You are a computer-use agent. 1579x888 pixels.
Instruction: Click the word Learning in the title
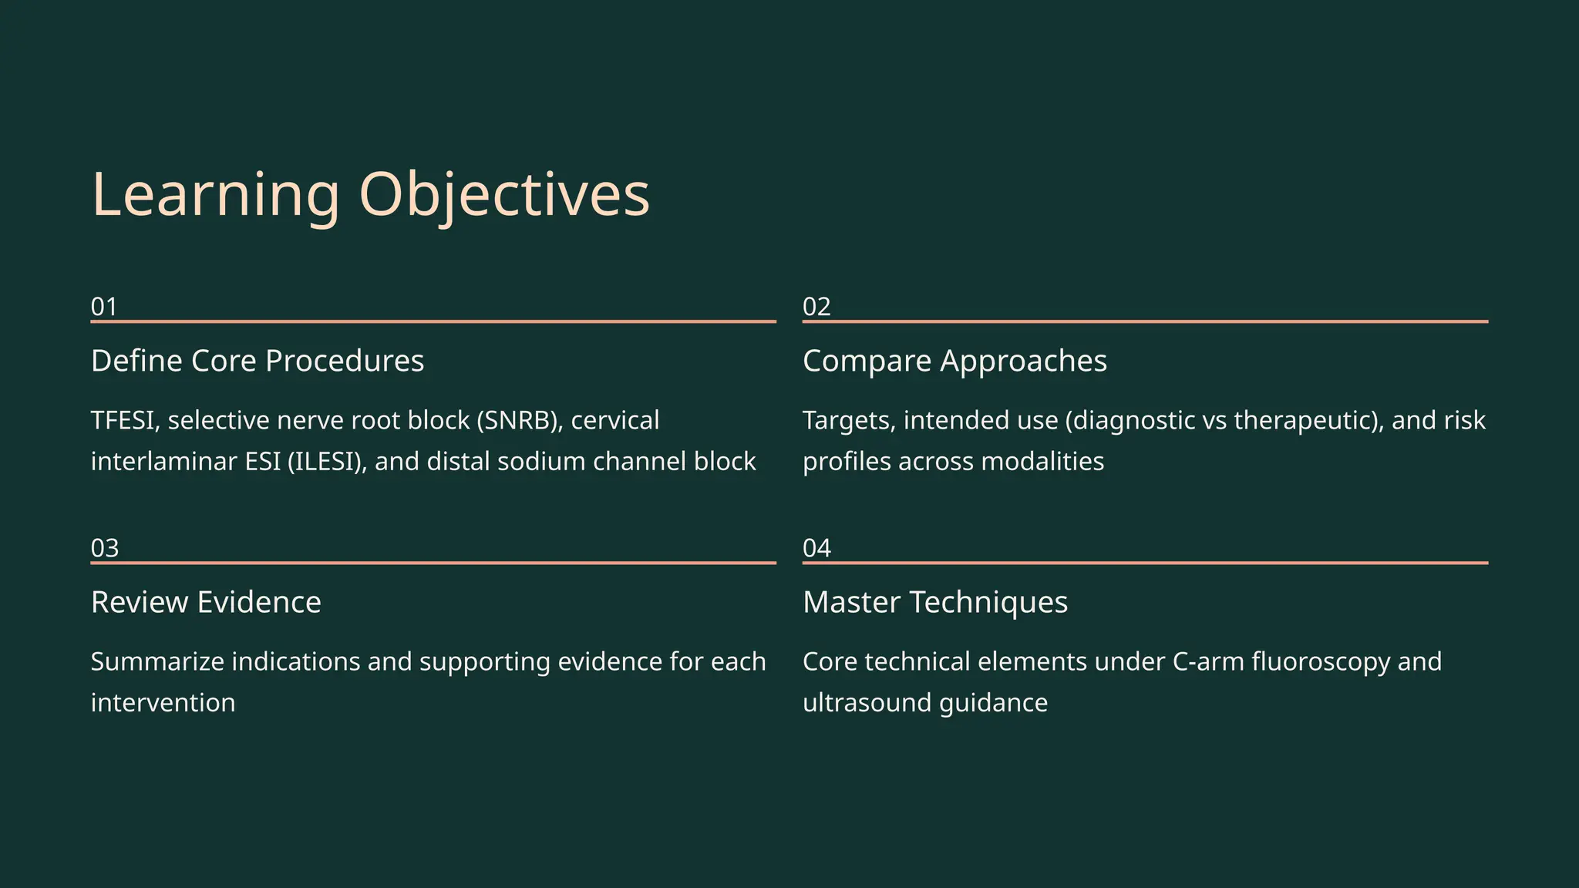tap(215, 195)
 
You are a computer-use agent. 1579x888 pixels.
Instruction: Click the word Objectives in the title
tap(504, 195)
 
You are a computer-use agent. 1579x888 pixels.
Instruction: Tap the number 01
tap(104, 307)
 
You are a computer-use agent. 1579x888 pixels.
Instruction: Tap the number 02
tap(816, 307)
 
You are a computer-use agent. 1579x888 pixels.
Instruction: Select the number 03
tap(105, 548)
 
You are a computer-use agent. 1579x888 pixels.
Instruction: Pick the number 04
tap(816, 548)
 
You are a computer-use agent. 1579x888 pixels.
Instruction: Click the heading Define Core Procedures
tap(258, 361)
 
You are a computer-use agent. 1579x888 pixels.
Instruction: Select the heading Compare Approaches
tap(954, 361)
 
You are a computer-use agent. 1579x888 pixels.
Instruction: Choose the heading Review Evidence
tap(206, 602)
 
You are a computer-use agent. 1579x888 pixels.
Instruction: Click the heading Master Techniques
tap(935, 602)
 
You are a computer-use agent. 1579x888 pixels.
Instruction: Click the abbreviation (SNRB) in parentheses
tap(520, 421)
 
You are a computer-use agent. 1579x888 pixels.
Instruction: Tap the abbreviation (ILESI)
tap(327, 462)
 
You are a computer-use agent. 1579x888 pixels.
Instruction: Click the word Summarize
tap(157, 662)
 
